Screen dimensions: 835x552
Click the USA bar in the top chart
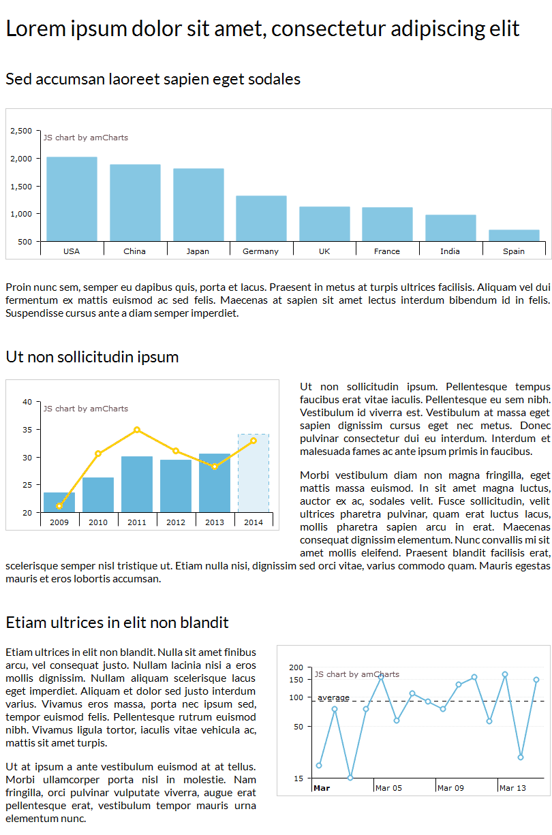(72, 199)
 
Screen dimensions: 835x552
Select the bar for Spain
(514, 236)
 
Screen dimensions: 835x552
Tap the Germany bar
(261, 218)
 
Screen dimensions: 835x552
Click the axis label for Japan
(198, 251)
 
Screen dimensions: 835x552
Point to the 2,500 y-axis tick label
(21, 131)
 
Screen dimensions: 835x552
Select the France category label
(387, 251)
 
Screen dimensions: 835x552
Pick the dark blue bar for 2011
(137, 484)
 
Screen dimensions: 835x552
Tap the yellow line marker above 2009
(59, 506)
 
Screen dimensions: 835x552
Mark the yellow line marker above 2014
(254, 441)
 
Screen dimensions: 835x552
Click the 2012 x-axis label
(176, 522)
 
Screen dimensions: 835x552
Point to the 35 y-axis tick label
(27, 430)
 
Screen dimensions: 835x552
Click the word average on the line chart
(333, 697)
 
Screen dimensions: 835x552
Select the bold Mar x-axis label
(322, 788)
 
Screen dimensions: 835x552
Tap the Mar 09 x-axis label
(450, 788)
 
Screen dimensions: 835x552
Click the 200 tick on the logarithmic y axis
(296, 667)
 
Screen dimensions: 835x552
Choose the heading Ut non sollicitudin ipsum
(92, 357)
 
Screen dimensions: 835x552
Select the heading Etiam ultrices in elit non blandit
(117, 623)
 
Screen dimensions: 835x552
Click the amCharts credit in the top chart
(86, 138)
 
